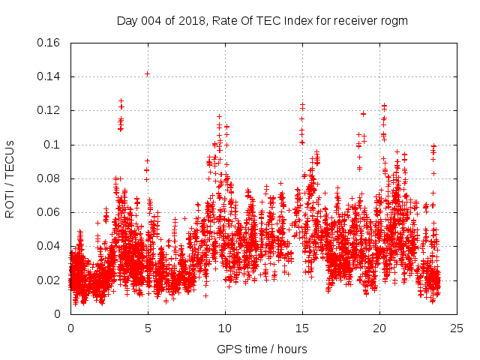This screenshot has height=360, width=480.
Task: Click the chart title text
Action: [x=262, y=20]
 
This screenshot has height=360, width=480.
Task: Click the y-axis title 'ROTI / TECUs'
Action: [x=10, y=178]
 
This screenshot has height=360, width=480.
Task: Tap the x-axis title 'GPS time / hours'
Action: [x=262, y=349]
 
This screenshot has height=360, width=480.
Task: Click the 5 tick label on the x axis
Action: [x=148, y=328]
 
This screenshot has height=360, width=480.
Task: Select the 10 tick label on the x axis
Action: [x=225, y=328]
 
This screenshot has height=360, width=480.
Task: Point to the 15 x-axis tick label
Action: [x=303, y=328]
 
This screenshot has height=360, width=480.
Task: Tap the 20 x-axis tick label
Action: [x=380, y=328]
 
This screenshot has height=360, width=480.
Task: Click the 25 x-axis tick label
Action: [x=457, y=328]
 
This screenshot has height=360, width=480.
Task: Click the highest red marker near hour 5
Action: [x=148, y=73]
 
